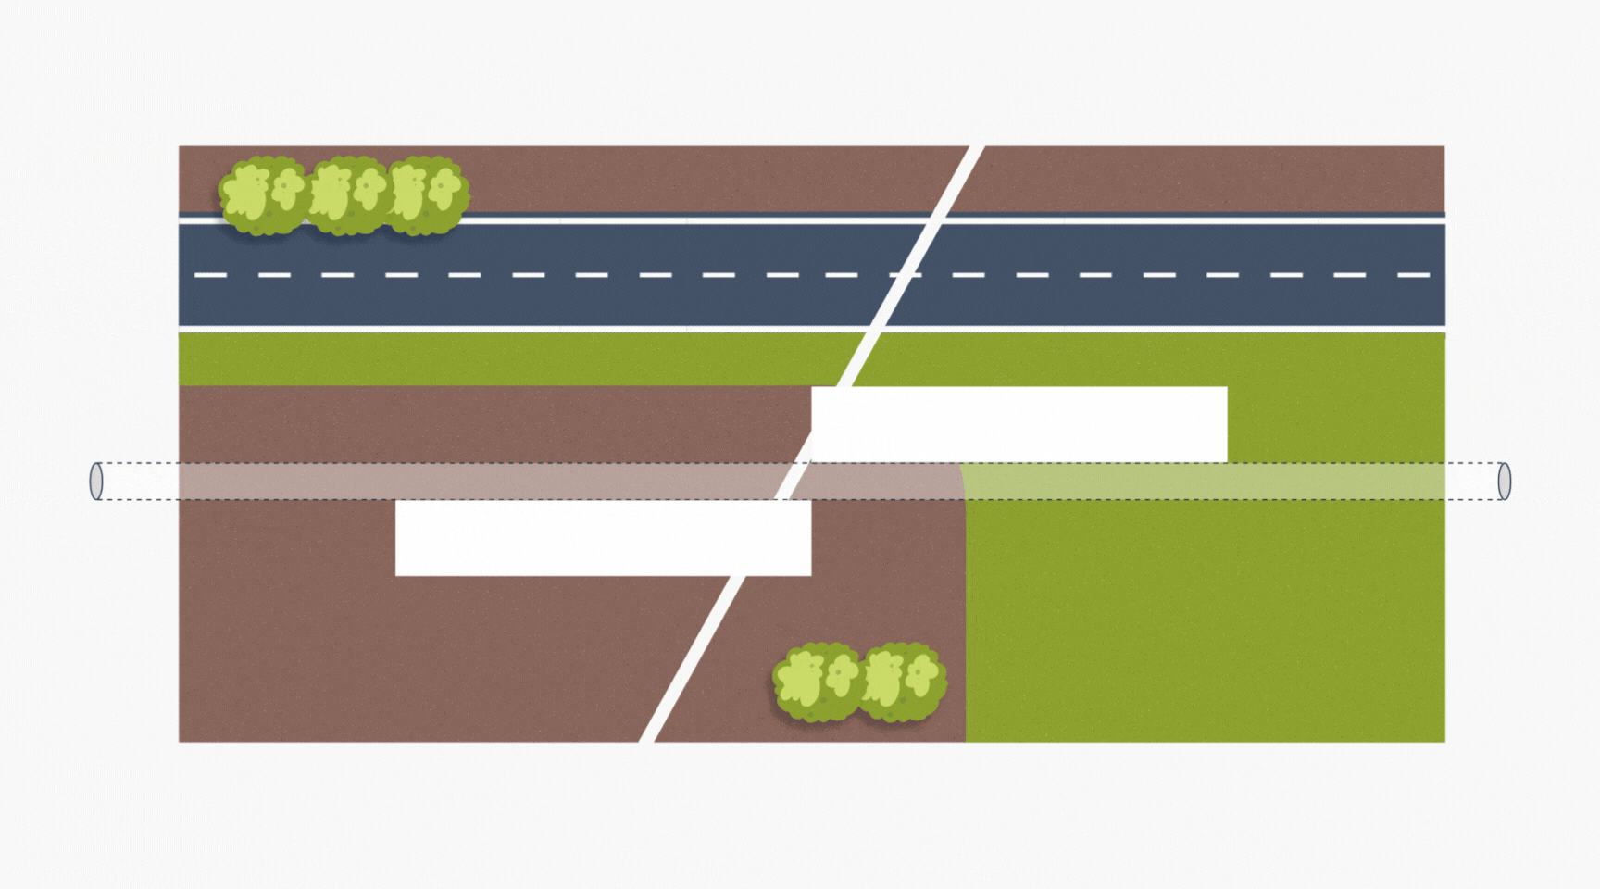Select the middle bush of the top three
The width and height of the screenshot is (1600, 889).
point(348,194)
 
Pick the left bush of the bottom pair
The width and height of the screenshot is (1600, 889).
point(818,682)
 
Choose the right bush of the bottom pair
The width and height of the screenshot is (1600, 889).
point(902,682)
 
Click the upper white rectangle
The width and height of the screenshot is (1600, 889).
point(1019,424)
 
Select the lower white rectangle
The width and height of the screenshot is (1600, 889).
point(603,538)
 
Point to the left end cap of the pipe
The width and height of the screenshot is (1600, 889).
point(96,482)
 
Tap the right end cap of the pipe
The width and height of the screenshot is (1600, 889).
point(1504,482)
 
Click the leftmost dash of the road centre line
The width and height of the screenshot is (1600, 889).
point(210,275)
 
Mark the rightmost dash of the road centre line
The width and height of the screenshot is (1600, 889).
point(1413,275)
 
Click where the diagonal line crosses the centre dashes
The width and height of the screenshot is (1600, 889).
point(905,275)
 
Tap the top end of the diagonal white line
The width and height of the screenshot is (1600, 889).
point(976,148)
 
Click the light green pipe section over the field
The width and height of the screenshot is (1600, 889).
point(1204,482)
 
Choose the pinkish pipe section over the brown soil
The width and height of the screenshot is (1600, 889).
point(463,482)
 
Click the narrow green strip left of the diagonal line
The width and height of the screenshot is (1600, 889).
point(509,359)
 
